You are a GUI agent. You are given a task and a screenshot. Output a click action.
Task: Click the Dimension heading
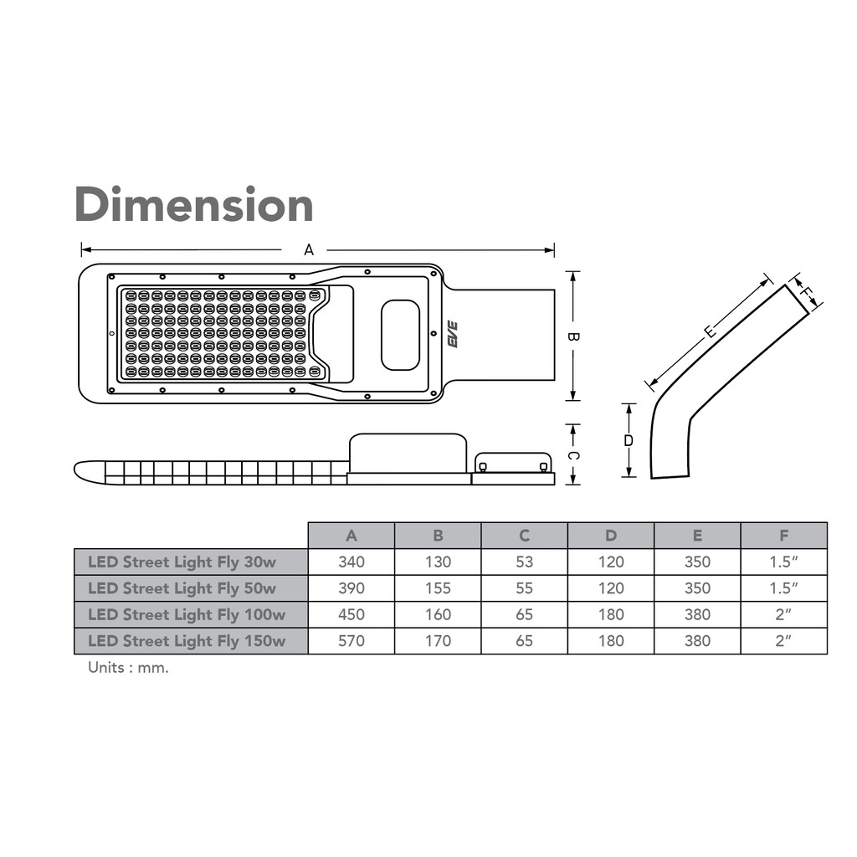coord(193,204)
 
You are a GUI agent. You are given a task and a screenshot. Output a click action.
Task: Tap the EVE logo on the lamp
coord(453,335)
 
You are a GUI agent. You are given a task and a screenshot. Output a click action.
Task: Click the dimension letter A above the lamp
coord(308,249)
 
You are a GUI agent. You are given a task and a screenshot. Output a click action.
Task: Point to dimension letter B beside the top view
coord(573,336)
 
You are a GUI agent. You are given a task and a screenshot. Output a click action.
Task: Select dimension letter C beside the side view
coord(573,455)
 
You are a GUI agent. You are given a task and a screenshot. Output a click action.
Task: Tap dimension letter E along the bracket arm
coord(710,332)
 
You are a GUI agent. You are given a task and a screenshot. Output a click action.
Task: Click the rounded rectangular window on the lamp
coord(400,335)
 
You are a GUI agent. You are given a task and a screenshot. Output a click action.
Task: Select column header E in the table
coord(697,536)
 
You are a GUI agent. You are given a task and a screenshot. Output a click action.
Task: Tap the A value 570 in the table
coord(352,641)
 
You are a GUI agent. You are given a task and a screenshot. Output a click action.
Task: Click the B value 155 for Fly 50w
coord(438,588)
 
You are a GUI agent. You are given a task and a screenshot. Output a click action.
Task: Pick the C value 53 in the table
coord(524,562)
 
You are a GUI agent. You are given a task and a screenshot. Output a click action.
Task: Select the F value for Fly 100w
coord(783,614)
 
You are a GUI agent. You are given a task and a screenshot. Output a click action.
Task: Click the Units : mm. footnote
coord(128,669)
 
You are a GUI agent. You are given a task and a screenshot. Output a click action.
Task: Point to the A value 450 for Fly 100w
coord(352,614)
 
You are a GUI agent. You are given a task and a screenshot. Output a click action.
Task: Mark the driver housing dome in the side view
coord(408,452)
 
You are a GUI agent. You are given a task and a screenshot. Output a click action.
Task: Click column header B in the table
coord(438,536)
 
